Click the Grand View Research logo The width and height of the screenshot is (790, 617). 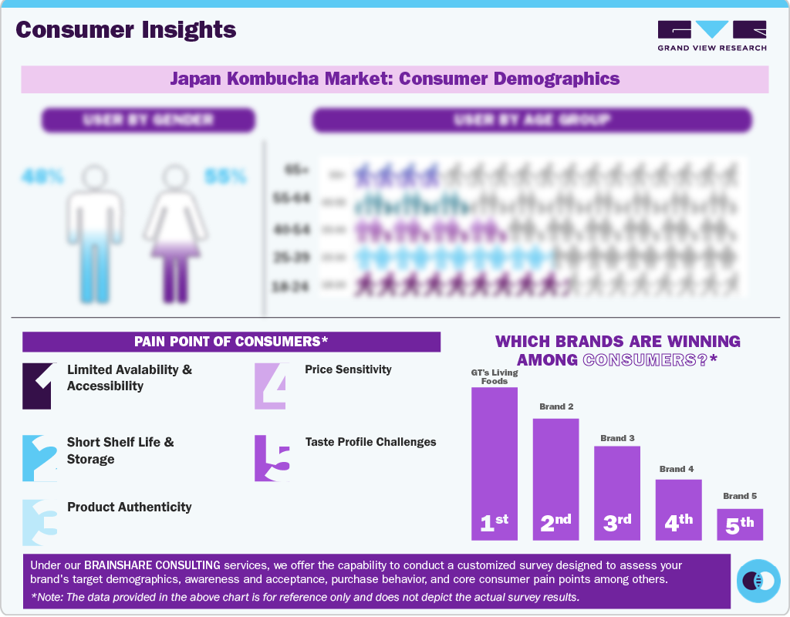click(711, 35)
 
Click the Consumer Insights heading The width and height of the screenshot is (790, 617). click(126, 30)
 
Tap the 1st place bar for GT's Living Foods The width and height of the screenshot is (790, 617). click(495, 463)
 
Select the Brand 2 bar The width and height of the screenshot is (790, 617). click(555, 478)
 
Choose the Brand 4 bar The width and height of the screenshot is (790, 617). click(678, 509)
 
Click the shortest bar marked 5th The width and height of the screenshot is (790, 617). click(739, 524)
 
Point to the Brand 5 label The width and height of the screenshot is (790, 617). click(739, 496)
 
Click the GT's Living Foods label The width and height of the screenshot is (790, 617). click(495, 376)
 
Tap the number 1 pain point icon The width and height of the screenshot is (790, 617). click(37, 386)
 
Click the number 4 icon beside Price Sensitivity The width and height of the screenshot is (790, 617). click(272, 386)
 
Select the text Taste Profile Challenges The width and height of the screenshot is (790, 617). click(370, 442)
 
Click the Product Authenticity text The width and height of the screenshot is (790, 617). click(129, 507)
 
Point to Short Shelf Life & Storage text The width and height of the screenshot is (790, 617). click(120, 450)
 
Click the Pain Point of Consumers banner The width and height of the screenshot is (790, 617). click(231, 342)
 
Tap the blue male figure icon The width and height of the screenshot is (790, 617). click(94, 235)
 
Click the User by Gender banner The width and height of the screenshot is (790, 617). click(148, 120)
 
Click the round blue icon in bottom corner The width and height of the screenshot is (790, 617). click(758, 580)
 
